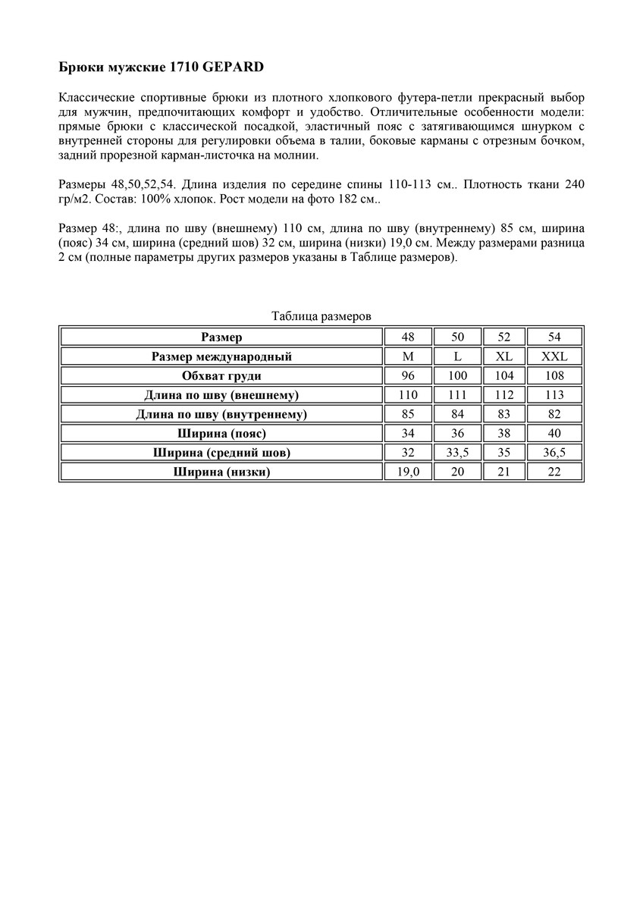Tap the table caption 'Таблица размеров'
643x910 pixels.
coord(321,316)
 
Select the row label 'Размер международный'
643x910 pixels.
coord(221,356)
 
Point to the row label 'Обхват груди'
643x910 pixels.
coord(221,375)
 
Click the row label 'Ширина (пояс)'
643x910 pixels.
coord(221,433)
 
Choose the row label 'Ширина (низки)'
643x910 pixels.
coord(221,472)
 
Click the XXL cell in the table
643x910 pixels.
coord(554,356)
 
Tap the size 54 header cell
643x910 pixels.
coord(554,337)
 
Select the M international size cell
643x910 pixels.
coord(408,356)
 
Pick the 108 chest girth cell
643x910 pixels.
coord(554,375)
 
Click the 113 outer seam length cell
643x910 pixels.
coord(554,394)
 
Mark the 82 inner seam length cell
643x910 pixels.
coord(554,414)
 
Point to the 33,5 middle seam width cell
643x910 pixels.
coord(456,453)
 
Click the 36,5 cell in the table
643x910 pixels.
coord(554,453)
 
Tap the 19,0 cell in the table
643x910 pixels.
coord(408,472)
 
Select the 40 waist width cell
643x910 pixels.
coord(554,433)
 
